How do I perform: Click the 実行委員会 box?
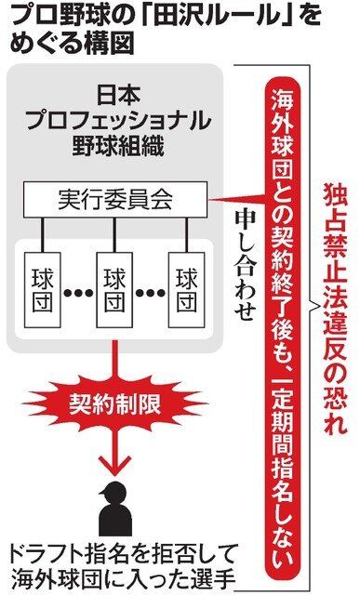pos(115,200)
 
